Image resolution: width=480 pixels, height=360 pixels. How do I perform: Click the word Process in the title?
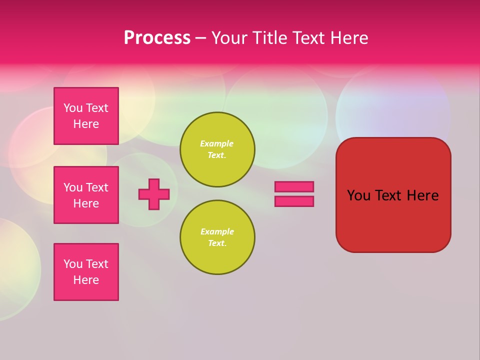157,38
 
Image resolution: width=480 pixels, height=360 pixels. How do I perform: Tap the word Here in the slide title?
348,38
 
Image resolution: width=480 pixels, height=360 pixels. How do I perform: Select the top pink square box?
86,116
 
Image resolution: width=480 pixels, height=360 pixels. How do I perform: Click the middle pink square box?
86,195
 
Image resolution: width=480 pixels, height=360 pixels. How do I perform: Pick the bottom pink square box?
86,272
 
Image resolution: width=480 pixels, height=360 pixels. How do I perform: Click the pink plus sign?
154,194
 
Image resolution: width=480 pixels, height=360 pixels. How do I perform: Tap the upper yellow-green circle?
217,149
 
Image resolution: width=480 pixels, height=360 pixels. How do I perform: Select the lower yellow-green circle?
217,237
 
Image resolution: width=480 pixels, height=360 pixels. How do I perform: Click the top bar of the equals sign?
294,186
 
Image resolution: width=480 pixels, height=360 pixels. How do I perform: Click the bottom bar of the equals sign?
294,201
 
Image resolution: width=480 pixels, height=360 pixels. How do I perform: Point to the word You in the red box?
358,195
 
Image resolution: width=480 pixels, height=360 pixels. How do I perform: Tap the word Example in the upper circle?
216,144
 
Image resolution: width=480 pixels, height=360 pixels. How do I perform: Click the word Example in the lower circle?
217,232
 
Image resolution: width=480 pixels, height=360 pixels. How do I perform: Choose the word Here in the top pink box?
86,124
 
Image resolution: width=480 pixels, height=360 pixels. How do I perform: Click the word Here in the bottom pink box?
86,280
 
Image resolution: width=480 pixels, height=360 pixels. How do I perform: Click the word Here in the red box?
422,195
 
